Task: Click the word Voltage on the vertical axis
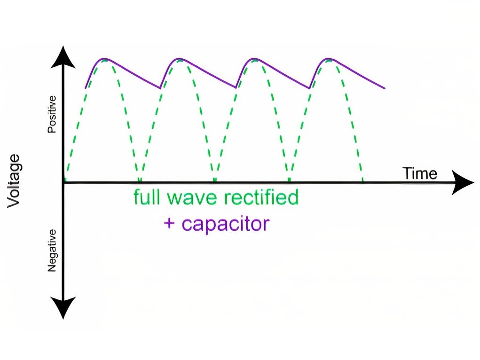point(14,181)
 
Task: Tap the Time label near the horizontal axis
point(420,173)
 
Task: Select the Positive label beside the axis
point(52,114)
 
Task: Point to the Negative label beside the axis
point(52,250)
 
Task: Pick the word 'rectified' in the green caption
point(261,197)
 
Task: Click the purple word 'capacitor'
point(226,224)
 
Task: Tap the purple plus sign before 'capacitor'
point(169,223)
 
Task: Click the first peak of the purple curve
point(104,58)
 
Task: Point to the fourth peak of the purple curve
point(329,58)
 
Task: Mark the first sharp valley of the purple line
point(160,88)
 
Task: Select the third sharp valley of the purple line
point(309,88)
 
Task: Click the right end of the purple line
point(385,88)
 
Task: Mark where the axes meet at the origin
point(63,183)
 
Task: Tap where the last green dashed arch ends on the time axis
point(363,180)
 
